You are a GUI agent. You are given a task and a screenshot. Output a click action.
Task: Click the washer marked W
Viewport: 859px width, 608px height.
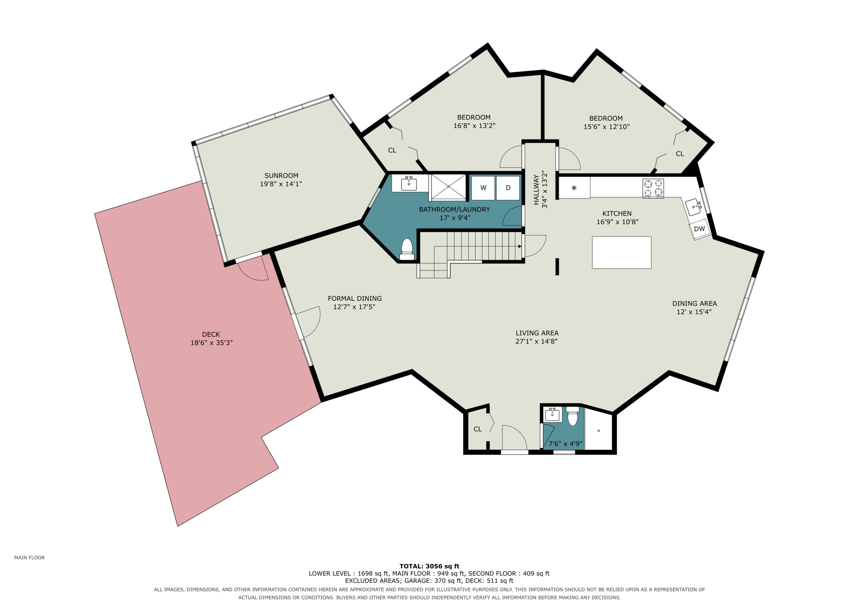(x=483, y=188)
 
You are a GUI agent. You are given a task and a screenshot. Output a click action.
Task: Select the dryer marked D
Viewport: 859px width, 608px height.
(x=508, y=188)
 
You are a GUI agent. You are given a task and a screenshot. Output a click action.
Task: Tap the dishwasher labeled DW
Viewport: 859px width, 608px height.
(x=700, y=229)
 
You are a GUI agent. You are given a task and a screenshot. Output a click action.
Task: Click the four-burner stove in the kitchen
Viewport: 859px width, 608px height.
(x=653, y=188)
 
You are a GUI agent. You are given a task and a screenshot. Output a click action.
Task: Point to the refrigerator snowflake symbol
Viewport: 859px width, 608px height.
(x=574, y=188)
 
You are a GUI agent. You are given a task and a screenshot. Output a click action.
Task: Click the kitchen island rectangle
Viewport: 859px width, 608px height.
(x=622, y=253)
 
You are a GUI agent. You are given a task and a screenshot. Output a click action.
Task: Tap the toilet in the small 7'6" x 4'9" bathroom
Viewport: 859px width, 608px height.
(x=572, y=416)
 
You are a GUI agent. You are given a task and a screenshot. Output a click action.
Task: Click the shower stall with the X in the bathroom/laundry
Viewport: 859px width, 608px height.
(x=449, y=187)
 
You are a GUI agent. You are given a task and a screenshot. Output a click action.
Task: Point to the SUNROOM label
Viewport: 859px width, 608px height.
(x=281, y=176)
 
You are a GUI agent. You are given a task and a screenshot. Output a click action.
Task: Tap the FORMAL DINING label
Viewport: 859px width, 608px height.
(x=355, y=299)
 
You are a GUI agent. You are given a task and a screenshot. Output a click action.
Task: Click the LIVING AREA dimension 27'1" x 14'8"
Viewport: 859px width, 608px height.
(x=537, y=341)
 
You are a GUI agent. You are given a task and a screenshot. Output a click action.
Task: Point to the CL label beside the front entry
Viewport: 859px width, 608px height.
(x=478, y=429)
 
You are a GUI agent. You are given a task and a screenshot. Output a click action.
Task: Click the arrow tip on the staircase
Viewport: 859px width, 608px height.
(x=521, y=247)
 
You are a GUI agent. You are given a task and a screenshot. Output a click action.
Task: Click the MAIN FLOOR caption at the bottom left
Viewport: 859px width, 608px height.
(x=29, y=558)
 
